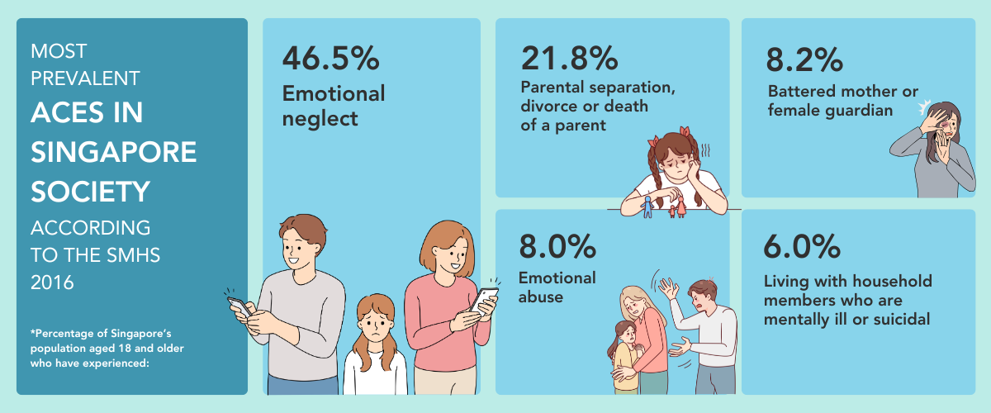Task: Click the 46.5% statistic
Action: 331,59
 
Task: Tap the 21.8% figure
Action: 569,59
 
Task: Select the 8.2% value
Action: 804,59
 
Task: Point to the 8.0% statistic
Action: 557,247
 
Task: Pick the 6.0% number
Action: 803,247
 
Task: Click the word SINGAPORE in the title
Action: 114,153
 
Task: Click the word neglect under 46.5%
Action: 320,119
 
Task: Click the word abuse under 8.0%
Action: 541,297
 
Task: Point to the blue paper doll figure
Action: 648,202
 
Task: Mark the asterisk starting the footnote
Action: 33,333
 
